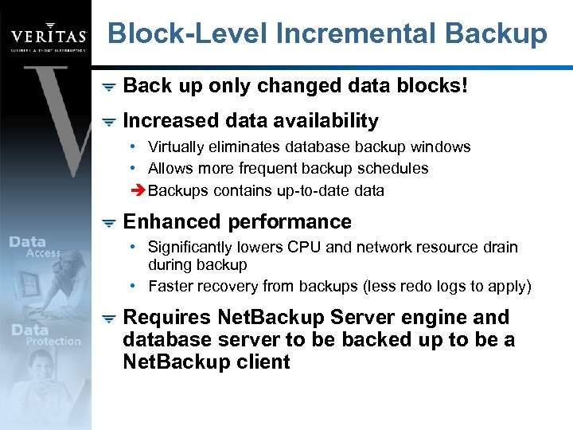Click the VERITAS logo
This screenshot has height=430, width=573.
coord(48,37)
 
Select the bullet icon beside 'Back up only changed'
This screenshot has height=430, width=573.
coord(109,86)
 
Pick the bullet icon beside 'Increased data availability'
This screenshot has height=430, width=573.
coord(109,121)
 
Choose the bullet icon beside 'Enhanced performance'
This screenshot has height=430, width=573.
coord(109,222)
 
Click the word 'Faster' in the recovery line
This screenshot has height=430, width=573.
coord(170,286)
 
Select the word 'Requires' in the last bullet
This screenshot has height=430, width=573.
coord(163,317)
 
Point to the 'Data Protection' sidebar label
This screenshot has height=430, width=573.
coord(46,335)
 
